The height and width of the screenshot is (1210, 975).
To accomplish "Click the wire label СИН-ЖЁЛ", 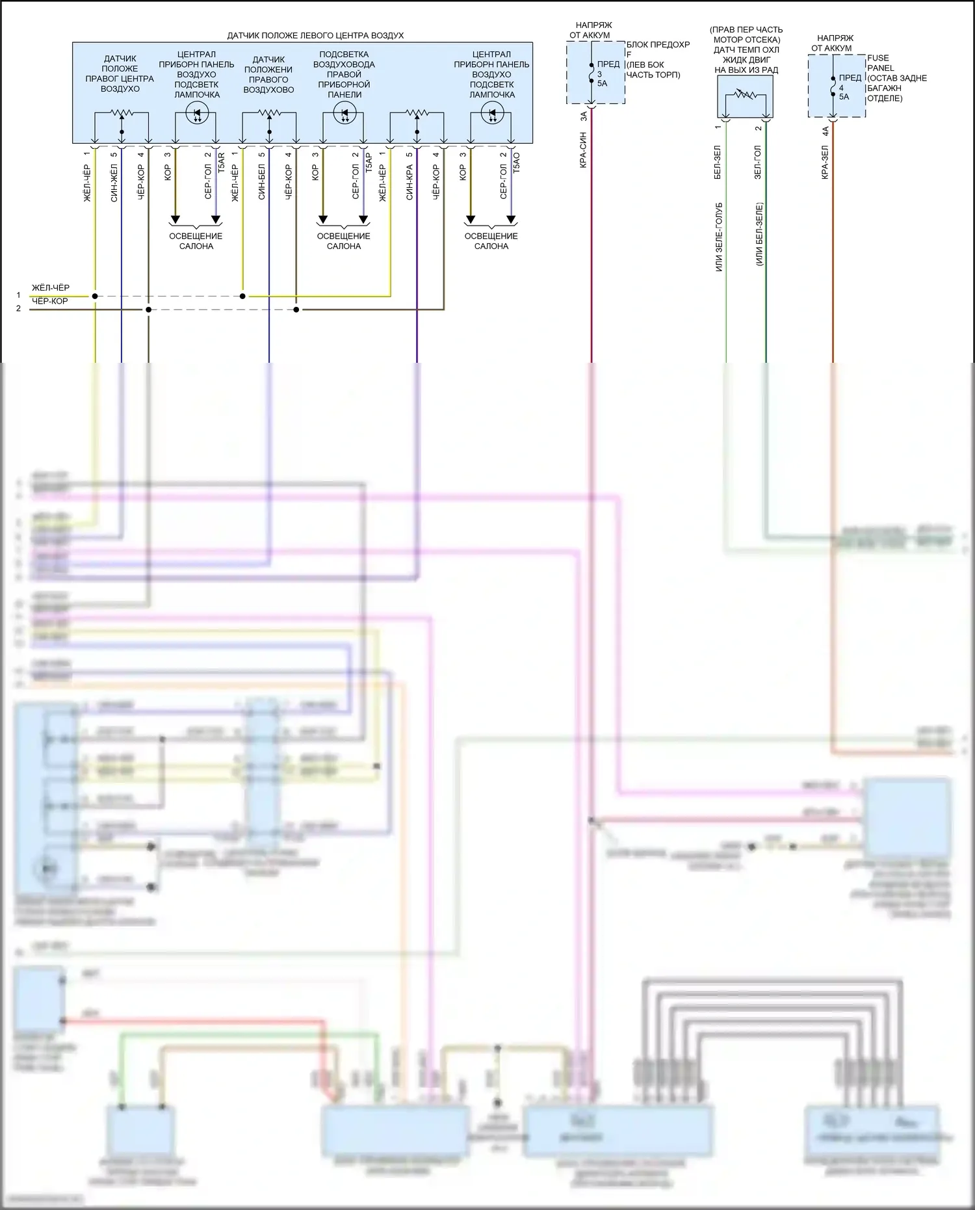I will tap(114, 183).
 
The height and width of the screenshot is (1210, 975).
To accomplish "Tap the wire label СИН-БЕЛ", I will tap(262, 182).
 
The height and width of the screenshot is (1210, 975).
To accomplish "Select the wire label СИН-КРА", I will tap(409, 182).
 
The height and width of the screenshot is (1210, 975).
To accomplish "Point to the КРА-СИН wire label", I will tap(583, 150).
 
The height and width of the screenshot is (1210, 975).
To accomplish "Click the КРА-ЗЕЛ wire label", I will tap(825, 162).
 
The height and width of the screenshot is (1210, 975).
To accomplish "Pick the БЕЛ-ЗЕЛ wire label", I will tap(718, 162).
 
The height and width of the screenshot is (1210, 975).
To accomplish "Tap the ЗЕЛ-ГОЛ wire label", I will tap(758, 162).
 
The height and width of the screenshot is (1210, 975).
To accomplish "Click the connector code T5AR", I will tap(221, 162).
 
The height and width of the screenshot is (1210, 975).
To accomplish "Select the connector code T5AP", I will tap(369, 162).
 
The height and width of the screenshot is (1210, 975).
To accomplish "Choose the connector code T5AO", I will tap(516, 162).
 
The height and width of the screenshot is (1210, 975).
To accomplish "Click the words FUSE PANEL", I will tap(880, 62).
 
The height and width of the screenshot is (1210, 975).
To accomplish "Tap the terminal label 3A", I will tap(584, 116).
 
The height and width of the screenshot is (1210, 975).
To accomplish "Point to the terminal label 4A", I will tap(825, 131).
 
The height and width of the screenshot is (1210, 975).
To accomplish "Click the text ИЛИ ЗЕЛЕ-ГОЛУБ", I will tap(718, 237).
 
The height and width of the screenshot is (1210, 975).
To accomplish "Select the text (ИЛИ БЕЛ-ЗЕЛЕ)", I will tap(759, 234).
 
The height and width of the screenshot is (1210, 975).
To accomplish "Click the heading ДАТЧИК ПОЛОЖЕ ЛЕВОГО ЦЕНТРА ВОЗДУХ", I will tap(315, 36).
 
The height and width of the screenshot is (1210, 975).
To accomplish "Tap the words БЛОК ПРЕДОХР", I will tap(658, 45).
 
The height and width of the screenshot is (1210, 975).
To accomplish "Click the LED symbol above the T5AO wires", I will tap(491, 113).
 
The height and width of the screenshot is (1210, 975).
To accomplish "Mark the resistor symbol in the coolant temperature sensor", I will tap(745, 95).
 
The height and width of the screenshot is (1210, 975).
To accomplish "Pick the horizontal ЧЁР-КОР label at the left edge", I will tap(50, 301).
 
